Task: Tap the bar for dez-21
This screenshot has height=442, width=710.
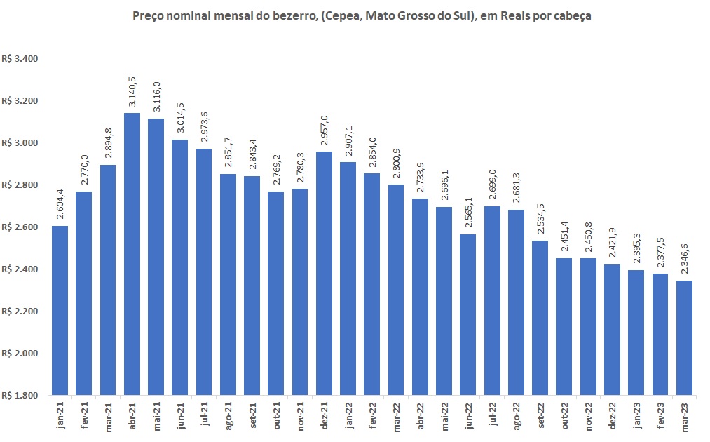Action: [x=324, y=273]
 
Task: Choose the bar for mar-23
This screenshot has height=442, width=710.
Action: [x=683, y=337]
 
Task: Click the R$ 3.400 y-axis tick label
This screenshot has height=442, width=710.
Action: [x=20, y=59]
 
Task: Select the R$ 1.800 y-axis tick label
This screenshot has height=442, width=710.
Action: [x=20, y=396]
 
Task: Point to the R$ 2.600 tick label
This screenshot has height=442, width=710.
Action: [x=20, y=227]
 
